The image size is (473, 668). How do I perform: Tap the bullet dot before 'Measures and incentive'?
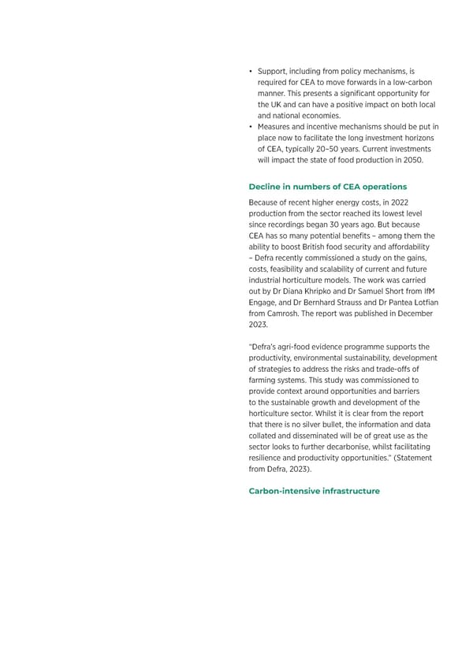(250, 127)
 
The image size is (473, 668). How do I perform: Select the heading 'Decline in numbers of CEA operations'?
(327, 187)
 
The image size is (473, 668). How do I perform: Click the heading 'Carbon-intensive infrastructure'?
(314, 491)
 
